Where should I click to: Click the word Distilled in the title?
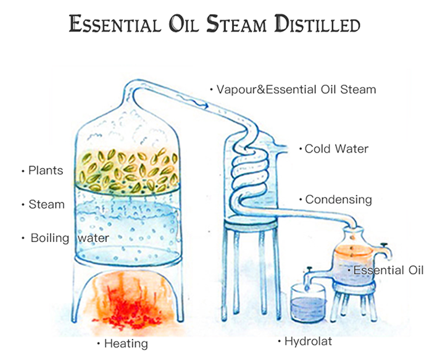317,23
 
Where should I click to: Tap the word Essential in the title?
115,23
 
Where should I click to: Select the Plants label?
46,170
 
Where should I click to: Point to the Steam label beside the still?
46,204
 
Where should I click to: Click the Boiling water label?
70,238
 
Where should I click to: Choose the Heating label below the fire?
126,344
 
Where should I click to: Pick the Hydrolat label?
308,341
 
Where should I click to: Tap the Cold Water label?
336,149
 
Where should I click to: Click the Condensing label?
338,199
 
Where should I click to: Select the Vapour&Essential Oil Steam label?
296,90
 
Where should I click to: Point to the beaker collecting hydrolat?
309,303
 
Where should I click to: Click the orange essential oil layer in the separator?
353,251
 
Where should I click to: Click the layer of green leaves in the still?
128,171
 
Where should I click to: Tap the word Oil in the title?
183,23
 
